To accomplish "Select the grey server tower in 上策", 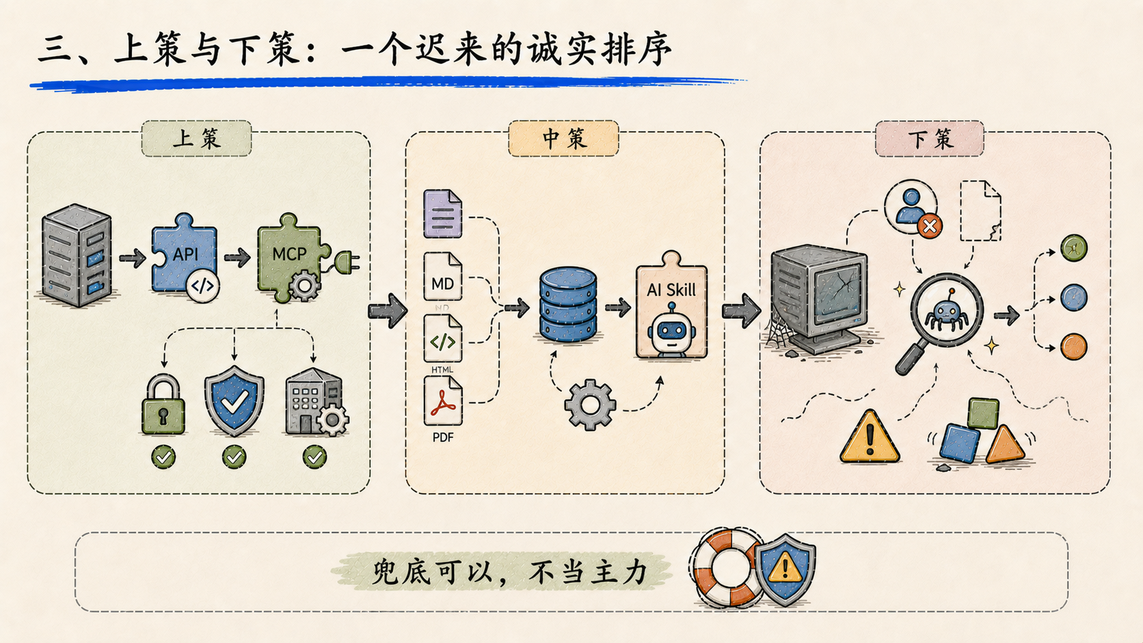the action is point(77,255).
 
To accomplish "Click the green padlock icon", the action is point(163,405).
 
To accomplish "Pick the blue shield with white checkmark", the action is point(234,401).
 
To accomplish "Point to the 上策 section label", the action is point(196,139).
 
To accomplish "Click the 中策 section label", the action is point(564,139).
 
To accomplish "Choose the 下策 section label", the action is point(930,139).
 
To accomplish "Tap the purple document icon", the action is point(442,214).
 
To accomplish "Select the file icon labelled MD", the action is point(442,276).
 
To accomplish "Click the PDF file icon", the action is point(442,401).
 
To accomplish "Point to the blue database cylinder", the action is point(568,304).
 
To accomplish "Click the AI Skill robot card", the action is point(671,305).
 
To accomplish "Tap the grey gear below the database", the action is point(590,405).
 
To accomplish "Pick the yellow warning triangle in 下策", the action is point(870,437).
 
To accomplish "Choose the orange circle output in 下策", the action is point(1073,346).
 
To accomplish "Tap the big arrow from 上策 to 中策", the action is point(388,310).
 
